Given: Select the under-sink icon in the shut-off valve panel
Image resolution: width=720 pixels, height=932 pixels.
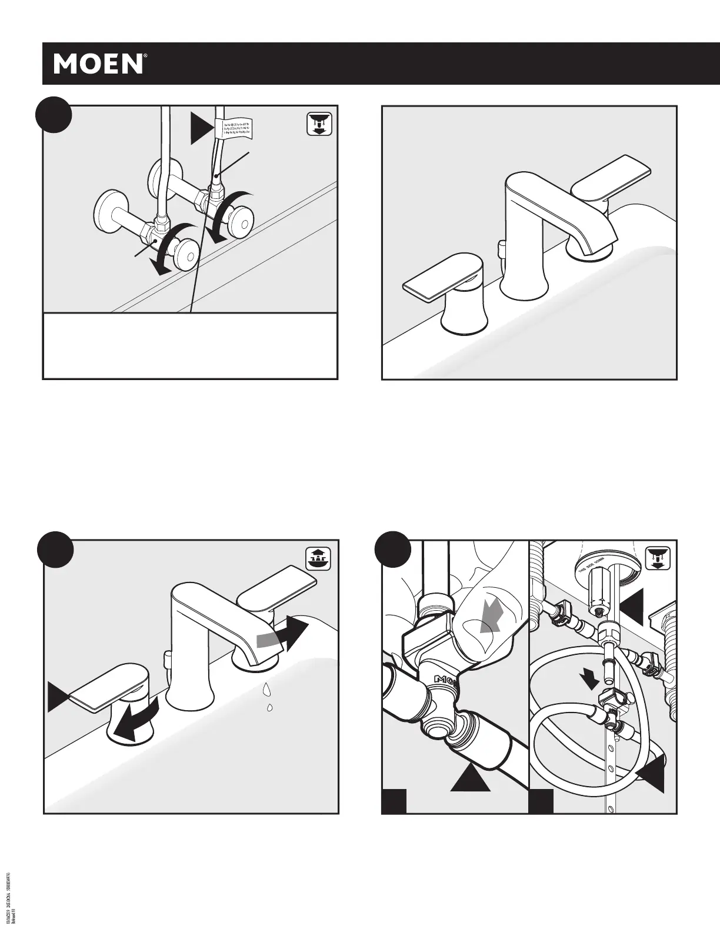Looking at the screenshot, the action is [319, 125].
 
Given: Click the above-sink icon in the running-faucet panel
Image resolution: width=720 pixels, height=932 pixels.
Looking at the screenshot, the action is [319, 558].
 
